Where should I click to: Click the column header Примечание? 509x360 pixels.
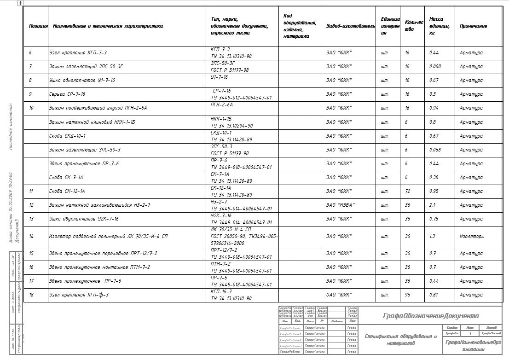[x=473, y=26]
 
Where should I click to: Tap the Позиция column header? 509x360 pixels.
[x=38, y=26]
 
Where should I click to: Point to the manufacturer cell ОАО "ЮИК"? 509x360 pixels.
[x=339, y=295]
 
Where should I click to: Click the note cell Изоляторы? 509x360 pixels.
[x=472, y=236]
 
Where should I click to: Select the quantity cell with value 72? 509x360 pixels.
[x=407, y=191]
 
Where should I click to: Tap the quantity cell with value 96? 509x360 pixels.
[x=407, y=295]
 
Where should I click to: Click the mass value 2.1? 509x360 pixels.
[x=433, y=205]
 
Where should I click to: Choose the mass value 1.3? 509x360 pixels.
[x=433, y=236]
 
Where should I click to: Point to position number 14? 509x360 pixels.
[x=31, y=236]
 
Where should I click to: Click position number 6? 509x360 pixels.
[x=30, y=53]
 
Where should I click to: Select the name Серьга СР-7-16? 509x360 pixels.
[x=67, y=94]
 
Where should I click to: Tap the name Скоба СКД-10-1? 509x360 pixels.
[x=67, y=136]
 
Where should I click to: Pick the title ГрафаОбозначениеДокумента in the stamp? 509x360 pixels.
[x=431, y=316]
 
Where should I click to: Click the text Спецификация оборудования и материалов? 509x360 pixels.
[x=399, y=340]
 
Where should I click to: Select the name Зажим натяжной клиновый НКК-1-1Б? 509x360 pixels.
[x=92, y=122]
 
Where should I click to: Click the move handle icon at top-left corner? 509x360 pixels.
[x=20, y=3]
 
